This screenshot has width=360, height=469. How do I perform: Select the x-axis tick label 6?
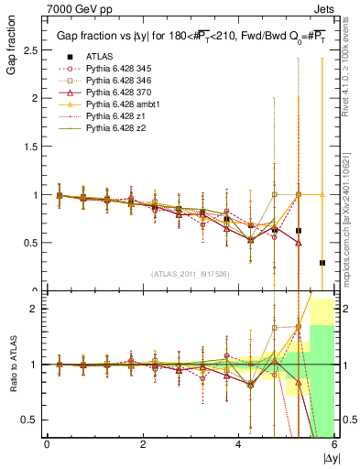pyautogui.click(x=334, y=445)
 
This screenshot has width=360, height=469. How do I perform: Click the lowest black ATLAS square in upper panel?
pyautogui.click(x=322, y=263)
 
